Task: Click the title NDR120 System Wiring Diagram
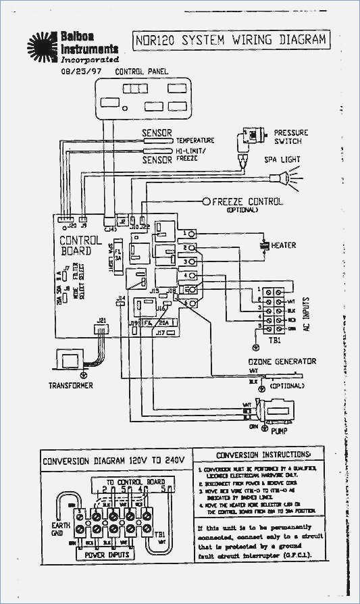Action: (x=229, y=40)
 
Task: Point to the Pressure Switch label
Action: (x=291, y=138)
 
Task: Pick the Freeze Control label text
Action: (x=247, y=202)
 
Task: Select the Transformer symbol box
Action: (x=71, y=358)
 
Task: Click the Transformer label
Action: (x=70, y=386)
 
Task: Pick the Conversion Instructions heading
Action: (x=264, y=455)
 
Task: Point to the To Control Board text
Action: (x=136, y=482)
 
